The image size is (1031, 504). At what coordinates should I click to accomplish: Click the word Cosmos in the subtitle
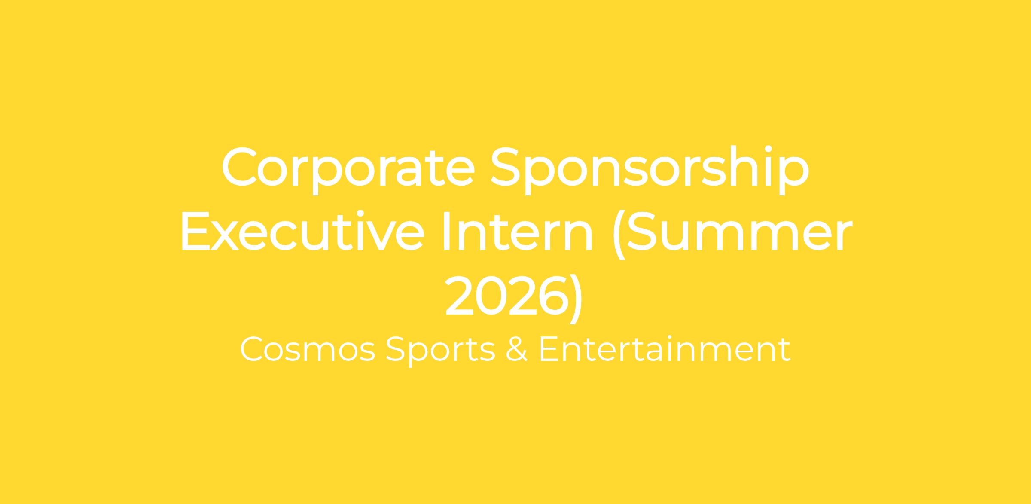coord(307,349)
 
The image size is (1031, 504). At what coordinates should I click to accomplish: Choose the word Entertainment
coord(665,349)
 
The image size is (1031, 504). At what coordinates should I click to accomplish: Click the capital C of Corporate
coord(240,167)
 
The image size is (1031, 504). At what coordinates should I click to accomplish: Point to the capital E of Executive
coord(196,231)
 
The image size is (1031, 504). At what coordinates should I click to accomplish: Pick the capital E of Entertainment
coord(549,349)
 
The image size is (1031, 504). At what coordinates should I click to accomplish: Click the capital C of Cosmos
coord(253,349)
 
